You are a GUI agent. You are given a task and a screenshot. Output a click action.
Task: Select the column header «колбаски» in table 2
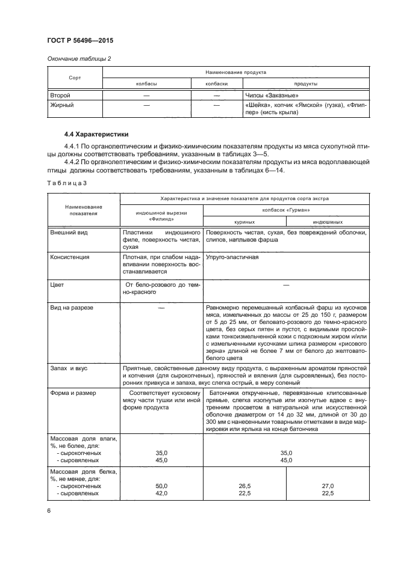(217, 84)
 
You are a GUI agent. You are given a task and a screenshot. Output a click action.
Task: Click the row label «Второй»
(61, 96)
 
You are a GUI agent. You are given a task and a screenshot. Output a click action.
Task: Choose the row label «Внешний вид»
(69, 232)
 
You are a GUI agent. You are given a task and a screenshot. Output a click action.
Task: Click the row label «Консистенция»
(70, 257)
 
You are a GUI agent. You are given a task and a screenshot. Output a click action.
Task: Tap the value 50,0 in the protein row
(161, 484)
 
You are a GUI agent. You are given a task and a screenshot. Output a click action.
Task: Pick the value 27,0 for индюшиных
(328, 484)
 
